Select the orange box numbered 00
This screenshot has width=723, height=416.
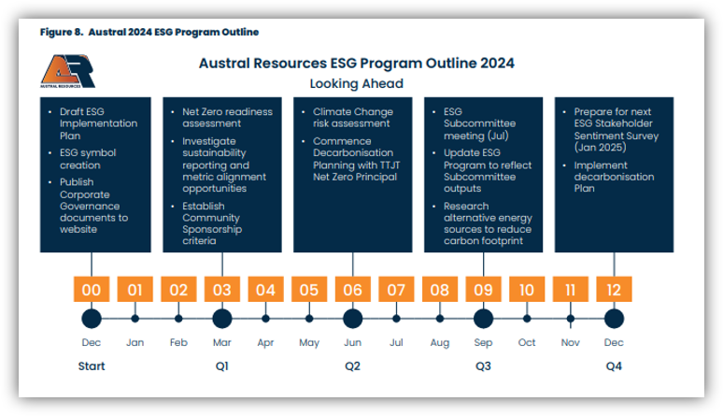click(92, 290)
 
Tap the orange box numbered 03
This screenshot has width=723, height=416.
click(221, 290)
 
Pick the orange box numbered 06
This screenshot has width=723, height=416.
click(352, 290)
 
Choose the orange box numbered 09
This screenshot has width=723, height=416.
click(483, 290)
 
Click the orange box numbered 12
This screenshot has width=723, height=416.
click(614, 290)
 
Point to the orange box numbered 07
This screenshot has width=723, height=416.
click(396, 290)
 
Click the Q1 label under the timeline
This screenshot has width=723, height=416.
click(221, 366)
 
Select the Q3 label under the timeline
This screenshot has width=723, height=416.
click(483, 366)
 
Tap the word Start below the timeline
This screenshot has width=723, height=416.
click(92, 366)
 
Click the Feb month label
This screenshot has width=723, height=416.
click(178, 343)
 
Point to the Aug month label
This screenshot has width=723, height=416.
click(440, 343)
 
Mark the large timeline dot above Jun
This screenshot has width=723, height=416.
click(352, 319)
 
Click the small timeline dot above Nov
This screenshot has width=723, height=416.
click(571, 319)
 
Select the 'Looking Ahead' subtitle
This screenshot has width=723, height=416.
click(356, 83)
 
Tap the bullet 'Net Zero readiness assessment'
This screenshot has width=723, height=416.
click(227, 118)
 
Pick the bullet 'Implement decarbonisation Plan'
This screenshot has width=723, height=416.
click(614, 177)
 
